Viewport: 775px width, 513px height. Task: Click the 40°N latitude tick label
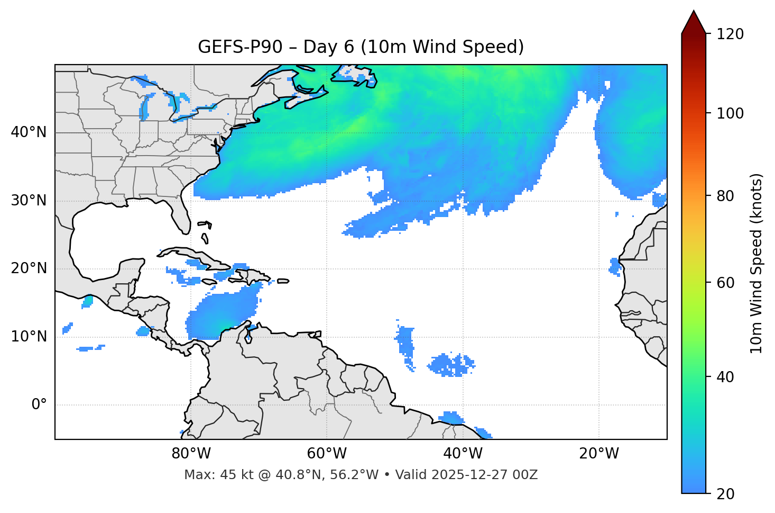click(x=29, y=132)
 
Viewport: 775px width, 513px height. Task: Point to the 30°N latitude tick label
click(x=29, y=201)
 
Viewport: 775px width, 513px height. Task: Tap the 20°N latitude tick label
click(x=29, y=268)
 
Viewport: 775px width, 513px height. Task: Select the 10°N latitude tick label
click(x=29, y=337)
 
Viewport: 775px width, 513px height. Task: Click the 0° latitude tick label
click(x=39, y=405)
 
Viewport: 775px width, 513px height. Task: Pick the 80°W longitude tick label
click(x=191, y=454)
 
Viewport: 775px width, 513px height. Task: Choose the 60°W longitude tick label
click(x=327, y=454)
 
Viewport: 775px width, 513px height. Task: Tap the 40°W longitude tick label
click(x=463, y=454)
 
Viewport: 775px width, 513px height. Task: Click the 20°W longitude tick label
click(x=598, y=454)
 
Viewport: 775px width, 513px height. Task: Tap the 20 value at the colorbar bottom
click(x=725, y=494)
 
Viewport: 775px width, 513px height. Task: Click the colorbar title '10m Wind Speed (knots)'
click(x=756, y=263)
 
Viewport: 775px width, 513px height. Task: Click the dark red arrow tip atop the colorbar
click(x=694, y=21)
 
